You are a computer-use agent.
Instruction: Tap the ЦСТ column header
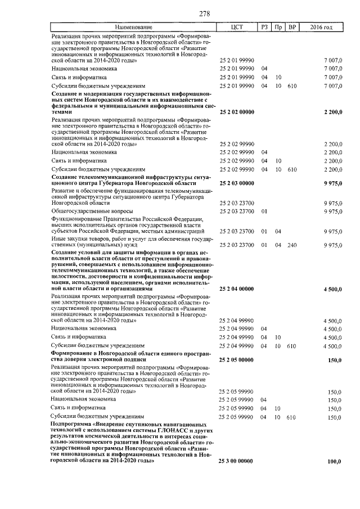pyautogui.click(x=236, y=27)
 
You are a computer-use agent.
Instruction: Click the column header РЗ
pyautogui.click(x=264, y=27)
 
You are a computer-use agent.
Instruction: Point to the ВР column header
pyautogui.click(x=291, y=27)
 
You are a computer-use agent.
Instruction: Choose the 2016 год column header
pyautogui.click(x=321, y=27)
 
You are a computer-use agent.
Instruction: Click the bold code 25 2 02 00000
pyautogui.click(x=236, y=112)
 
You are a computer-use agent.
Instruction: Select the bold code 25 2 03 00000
pyautogui.click(x=236, y=184)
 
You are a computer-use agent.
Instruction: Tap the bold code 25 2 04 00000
pyautogui.click(x=236, y=289)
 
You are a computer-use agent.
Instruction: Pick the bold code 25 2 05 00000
pyautogui.click(x=236, y=360)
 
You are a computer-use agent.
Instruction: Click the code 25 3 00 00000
pyautogui.click(x=236, y=461)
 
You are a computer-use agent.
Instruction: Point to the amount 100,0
pyautogui.click(x=334, y=461)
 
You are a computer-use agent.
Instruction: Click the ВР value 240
pyautogui.click(x=291, y=245)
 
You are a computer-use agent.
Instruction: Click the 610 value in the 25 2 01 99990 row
pyautogui.click(x=291, y=86)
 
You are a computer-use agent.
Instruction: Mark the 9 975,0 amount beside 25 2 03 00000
pyautogui.click(x=331, y=184)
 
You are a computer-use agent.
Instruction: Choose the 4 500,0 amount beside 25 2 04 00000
pyautogui.click(x=331, y=289)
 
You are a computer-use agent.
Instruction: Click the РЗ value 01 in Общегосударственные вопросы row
pyautogui.click(x=264, y=211)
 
